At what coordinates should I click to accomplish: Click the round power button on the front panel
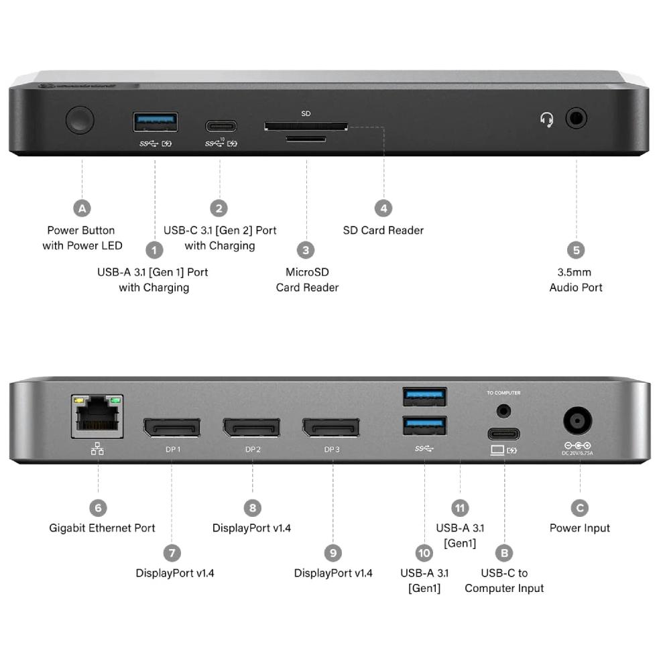pyautogui.click(x=80, y=120)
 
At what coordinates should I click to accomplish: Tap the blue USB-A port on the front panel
pyautogui.click(x=156, y=122)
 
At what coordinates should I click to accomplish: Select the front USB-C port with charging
pyautogui.click(x=221, y=126)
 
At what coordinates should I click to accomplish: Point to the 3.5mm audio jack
pyautogui.click(x=576, y=119)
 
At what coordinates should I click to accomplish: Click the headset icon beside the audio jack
pyautogui.click(x=547, y=120)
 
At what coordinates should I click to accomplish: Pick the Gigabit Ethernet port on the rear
pyautogui.click(x=97, y=416)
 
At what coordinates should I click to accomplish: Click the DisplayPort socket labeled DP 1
pyautogui.click(x=172, y=427)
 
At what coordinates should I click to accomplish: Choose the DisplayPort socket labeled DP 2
pyautogui.click(x=251, y=427)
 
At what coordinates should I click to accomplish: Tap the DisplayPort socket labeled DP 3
pyautogui.click(x=331, y=427)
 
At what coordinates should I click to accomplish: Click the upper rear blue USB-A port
pyautogui.click(x=424, y=397)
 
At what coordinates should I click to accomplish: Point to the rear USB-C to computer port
pyautogui.click(x=503, y=433)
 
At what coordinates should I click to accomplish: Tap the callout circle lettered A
pyautogui.click(x=82, y=208)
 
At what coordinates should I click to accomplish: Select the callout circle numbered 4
pyautogui.click(x=383, y=208)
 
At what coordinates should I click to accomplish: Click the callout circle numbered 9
pyautogui.click(x=333, y=553)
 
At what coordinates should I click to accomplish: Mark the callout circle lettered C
pyautogui.click(x=579, y=508)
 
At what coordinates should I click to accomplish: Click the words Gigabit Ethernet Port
pyautogui.click(x=102, y=528)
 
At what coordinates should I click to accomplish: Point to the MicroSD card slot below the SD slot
pyautogui.click(x=306, y=139)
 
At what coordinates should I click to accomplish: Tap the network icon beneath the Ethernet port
pyautogui.click(x=97, y=449)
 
